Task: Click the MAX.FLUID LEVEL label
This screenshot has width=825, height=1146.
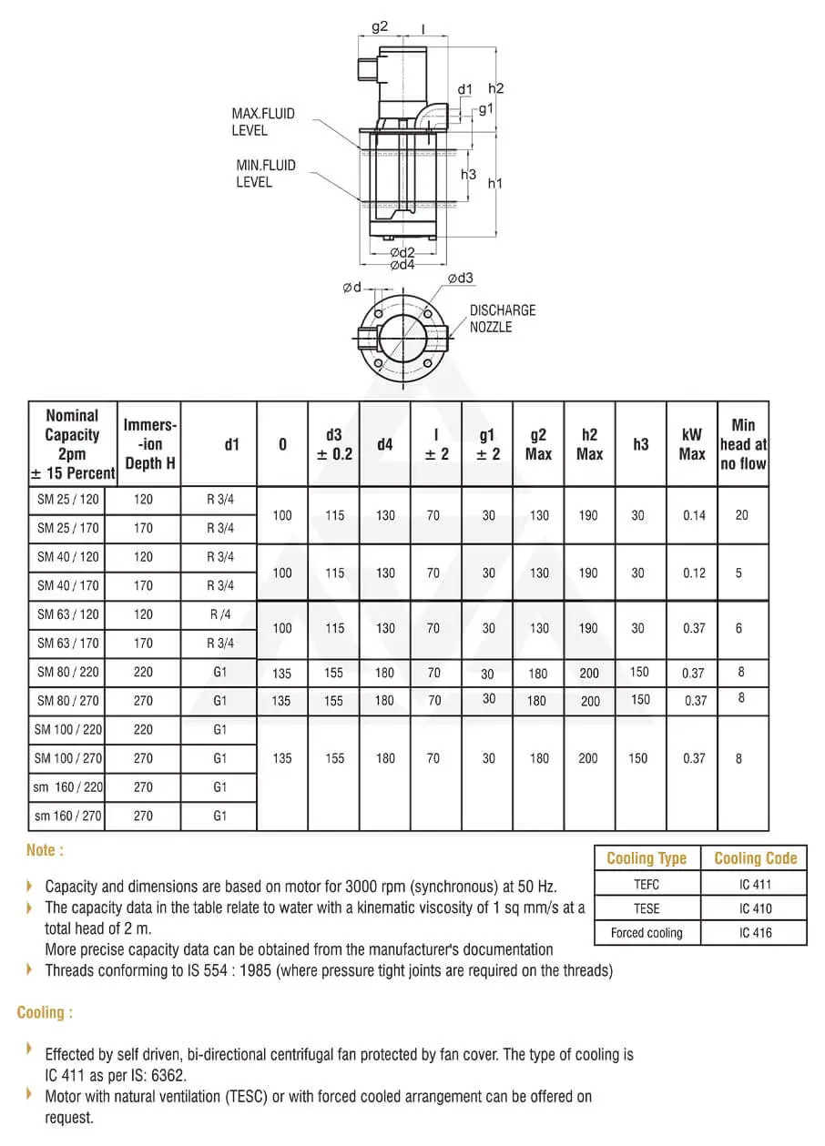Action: pyautogui.click(x=263, y=122)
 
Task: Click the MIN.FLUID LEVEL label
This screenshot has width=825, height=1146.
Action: pyautogui.click(x=266, y=174)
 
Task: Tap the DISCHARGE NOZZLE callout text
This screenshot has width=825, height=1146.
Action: pyautogui.click(x=503, y=319)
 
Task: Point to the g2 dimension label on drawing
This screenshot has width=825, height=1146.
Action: pyautogui.click(x=380, y=26)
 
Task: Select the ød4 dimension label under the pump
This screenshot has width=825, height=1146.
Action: pyautogui.click(x=402, y=265)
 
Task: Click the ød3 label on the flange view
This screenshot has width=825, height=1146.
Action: pyautogui.click(x=460, y=278)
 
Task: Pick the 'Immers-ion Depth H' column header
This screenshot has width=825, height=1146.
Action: pyautogui.click(x=150, y=444)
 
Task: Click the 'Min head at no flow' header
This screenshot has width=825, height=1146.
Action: pyautogui.click(x=743, y=444)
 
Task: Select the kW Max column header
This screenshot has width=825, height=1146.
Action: pyautogui.click(x=692, y=444)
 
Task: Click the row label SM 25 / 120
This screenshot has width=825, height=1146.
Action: pyautogui.click(x=68, y=500)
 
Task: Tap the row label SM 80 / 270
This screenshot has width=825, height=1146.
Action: pyautogui.click(x=68, y=701)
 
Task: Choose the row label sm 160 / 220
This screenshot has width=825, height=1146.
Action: pyautogui.click(x=68, y=787)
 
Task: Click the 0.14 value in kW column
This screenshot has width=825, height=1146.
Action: pyautogui.click(x=694, y=515)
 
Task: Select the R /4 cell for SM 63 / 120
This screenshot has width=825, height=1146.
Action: pyautogui.click(x=219, y=614)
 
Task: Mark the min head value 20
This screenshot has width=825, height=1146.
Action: pyautogui.click(x=741, y=515)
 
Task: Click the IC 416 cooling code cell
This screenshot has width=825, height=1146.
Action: pyautogui.click(x=755, y=933)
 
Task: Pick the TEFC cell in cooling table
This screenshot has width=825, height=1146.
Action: pyautogui.click(x=647, y=884)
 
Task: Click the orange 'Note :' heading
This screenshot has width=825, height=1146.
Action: pyautogui.click(x=46, y=850)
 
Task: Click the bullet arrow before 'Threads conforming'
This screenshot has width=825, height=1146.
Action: pyautogui.click(x=30, y=969)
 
